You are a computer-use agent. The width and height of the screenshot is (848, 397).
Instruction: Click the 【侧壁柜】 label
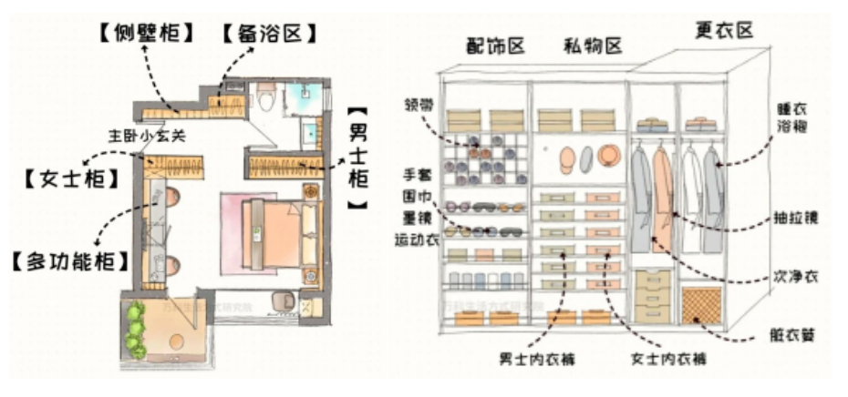[146, 34]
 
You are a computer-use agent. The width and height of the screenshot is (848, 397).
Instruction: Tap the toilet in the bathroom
[266, 98]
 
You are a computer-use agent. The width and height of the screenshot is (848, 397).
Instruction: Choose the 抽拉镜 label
[790, 220]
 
